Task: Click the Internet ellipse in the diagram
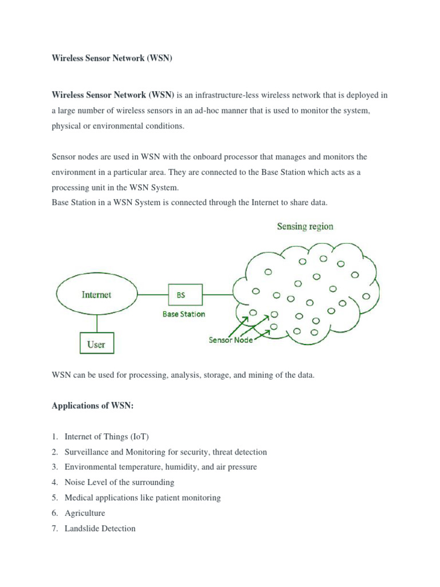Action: point(96,295)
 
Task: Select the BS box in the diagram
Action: point(184,295)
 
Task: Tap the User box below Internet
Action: point(96,344)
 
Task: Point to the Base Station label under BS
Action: point(183,314)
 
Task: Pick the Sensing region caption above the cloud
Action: point(305,226)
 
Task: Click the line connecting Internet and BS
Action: point(153,295)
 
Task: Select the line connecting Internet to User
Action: point(96,323)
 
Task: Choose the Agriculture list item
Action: point(85,513)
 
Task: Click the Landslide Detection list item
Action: point(100,529)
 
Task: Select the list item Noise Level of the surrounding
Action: point(119,483)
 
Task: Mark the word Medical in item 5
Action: point(78,498)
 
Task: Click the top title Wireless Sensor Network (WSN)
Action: point(112,59)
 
